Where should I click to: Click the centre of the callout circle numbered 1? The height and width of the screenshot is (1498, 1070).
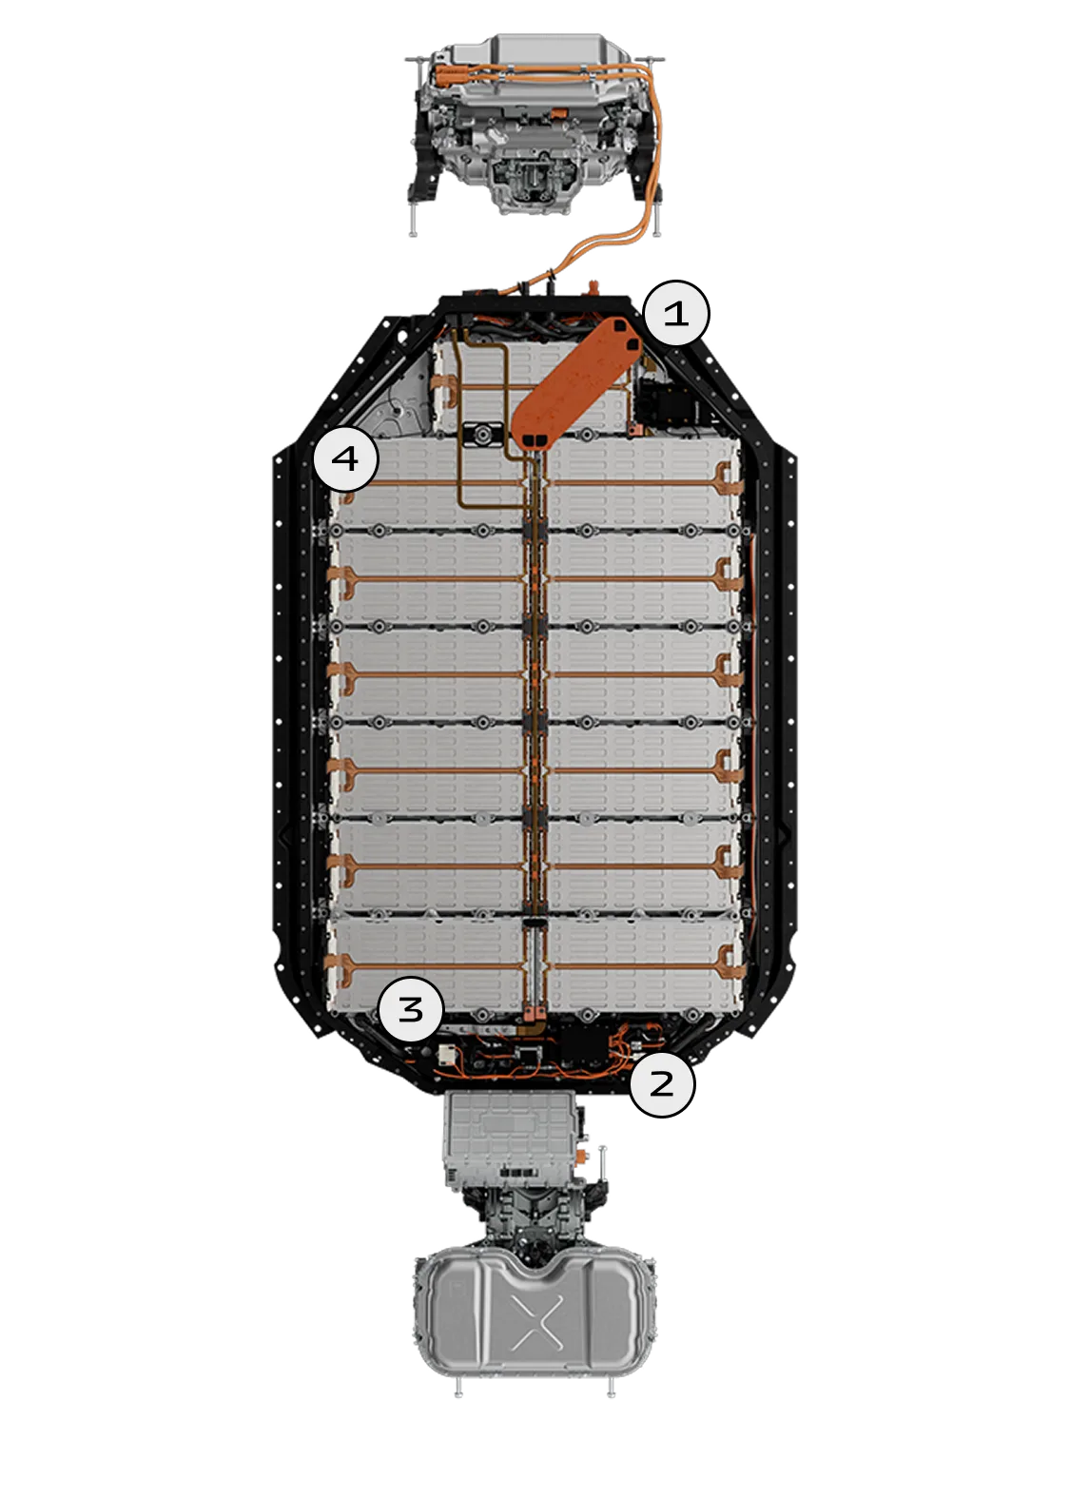[x=675, y=313]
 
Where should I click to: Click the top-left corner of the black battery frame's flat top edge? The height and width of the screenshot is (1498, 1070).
[x=440, y=299]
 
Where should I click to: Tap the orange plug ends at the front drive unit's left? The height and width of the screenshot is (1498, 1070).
[x=443, y=75]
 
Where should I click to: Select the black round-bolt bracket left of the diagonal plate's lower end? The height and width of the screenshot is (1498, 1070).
[x=481, y=436]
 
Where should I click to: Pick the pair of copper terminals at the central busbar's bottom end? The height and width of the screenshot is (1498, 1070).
[x=532, y=1014]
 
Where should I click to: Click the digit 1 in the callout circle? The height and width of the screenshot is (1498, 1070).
[x=675, y=313]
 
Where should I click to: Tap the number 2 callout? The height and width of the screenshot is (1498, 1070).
[x=662, y=1083]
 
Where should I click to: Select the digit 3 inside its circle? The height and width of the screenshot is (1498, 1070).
[x=411, y=1008]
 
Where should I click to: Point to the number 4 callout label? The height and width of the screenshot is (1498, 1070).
[x=345, y=458]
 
